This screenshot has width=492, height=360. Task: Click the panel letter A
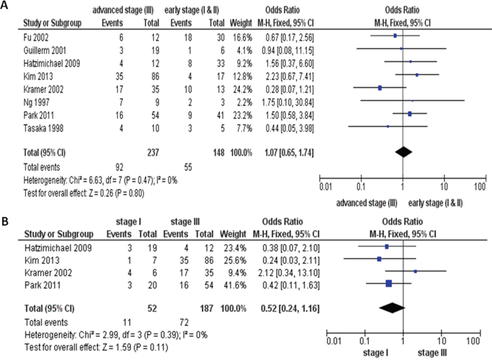6,6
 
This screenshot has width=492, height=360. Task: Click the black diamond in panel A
403,150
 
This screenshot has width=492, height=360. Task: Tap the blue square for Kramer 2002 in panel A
380,88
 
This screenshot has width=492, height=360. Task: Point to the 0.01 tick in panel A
325,187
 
